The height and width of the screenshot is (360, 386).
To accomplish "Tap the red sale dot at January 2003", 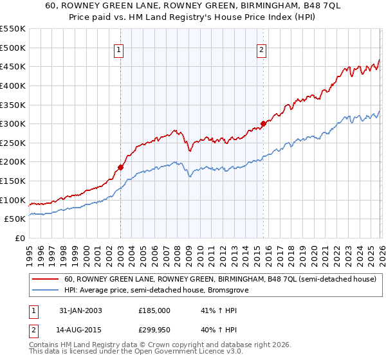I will coord(120,168).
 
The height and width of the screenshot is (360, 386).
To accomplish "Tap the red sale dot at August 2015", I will coord(263,123).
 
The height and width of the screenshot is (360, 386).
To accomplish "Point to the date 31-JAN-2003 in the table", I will coord(80,310).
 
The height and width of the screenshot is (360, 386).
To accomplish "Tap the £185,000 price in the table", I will coord(154,310).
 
